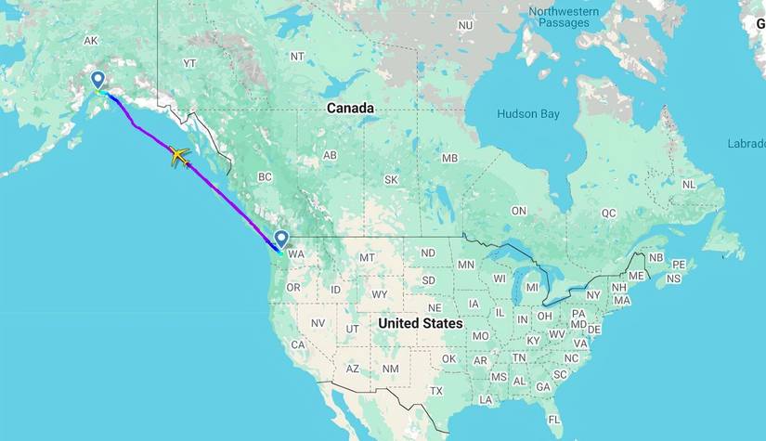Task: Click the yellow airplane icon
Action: (x=179, y=157)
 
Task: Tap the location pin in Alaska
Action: (x=97, y=82)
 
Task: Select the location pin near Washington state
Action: (x=280, y=239)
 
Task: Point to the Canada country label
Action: (x=350, y=109)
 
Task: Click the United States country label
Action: (x=420, y=323)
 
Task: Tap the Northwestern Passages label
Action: (x=565, y=17)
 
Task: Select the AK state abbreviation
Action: (x=90, y=41)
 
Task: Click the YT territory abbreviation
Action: (x=189, y=63)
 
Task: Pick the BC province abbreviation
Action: (x=265, y=176)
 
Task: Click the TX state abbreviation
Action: (x=436, y=391)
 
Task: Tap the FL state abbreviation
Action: (x=554, y=420)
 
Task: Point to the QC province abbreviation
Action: (x=608, y=213)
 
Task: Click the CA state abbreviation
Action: (x=298, y=344)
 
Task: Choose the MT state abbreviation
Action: (x=368, y=257)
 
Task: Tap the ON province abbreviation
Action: (x=518, y=211)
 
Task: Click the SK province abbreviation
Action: (x=391, y=179)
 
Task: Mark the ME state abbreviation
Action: (x=636, y=276)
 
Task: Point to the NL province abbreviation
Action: (x=688, y=185)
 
